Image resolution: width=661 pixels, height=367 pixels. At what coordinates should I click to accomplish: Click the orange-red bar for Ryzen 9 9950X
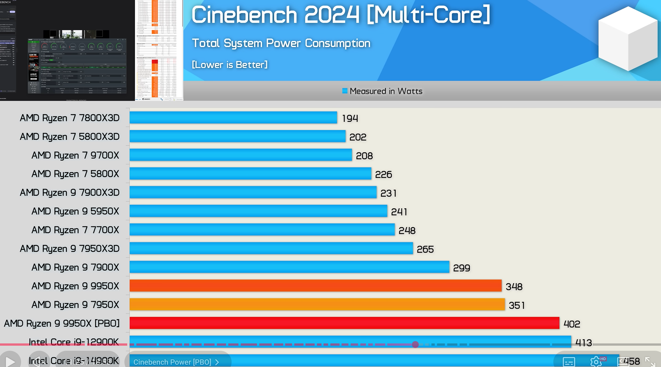(315, 286)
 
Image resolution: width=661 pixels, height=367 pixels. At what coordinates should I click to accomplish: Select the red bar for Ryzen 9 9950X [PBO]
(344, 323)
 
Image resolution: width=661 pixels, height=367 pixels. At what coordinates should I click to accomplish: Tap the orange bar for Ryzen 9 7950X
(317, 304)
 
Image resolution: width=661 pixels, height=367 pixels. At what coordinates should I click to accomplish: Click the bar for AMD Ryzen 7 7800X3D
(233, 118)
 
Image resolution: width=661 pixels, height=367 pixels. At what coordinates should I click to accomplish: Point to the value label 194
(350, 118)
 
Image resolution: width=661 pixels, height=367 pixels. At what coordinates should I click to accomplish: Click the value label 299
(461, 268)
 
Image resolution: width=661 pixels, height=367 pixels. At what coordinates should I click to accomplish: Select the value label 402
(571, 324)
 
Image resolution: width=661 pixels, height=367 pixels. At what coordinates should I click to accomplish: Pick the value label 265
(425, 249)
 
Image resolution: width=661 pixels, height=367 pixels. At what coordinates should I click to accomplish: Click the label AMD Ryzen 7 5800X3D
(70, 137)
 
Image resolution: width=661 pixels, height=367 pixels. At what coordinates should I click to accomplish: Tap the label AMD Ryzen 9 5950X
(75, 211)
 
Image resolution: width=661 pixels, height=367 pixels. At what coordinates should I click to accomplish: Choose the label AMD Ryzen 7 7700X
(75, 230)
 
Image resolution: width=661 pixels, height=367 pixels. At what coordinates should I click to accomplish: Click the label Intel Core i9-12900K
(74, 342)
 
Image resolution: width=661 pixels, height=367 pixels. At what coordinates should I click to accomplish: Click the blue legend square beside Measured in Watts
(345, 91)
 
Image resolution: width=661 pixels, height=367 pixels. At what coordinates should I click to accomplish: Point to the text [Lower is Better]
(230, 65)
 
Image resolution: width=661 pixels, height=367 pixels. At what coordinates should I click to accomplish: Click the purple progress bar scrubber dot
(415, 344)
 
